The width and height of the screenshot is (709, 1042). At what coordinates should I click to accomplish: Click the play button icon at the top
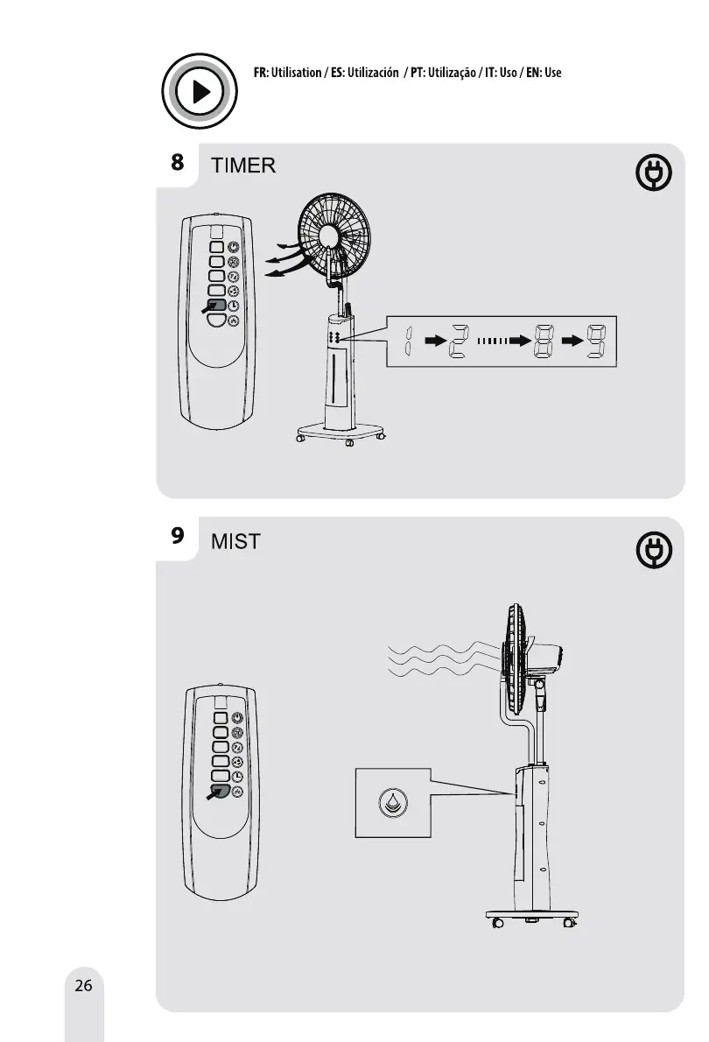(200, 92)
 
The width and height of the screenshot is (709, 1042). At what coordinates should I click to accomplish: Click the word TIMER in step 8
(244, 166)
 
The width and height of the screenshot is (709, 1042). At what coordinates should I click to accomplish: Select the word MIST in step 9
(236, 541)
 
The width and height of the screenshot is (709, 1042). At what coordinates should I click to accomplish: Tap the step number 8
(177, 162)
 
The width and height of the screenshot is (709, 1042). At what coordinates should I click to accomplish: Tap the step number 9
(177, 535)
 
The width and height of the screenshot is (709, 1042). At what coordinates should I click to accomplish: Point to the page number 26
(83, 986)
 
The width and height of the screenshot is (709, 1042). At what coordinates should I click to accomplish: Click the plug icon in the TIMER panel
(653, 174)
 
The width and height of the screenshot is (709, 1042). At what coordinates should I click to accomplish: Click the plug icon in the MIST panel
(653, 549)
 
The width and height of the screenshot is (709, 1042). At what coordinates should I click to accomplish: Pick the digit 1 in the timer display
(409, 341)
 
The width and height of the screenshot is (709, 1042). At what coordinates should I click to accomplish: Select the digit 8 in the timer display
(543, 341)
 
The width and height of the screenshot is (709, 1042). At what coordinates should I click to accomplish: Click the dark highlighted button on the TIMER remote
(218, 306)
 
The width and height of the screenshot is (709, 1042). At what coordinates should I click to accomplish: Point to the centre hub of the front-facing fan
(330, 236)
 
